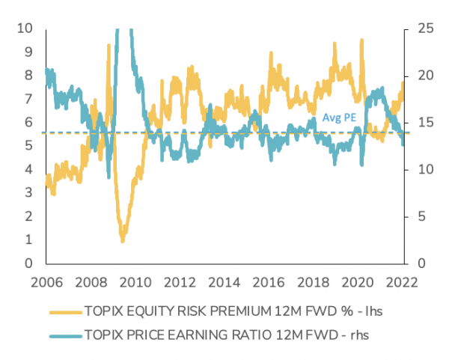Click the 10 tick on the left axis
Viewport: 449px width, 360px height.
pyautogui.click(x=26, y=28)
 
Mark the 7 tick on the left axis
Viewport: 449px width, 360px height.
pyautogui.click(x=29, y=99)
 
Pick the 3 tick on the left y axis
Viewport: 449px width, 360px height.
pyautogui.click(x=29, y=193)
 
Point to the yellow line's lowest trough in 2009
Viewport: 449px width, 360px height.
pyautogui.click(x=123, y=240)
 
